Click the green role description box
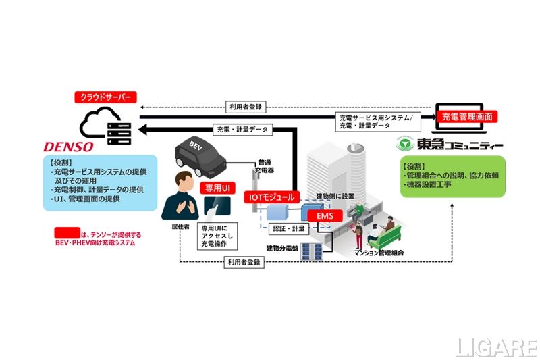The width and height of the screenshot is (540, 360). point(452,176)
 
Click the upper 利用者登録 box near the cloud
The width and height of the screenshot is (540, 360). point(245,107)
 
